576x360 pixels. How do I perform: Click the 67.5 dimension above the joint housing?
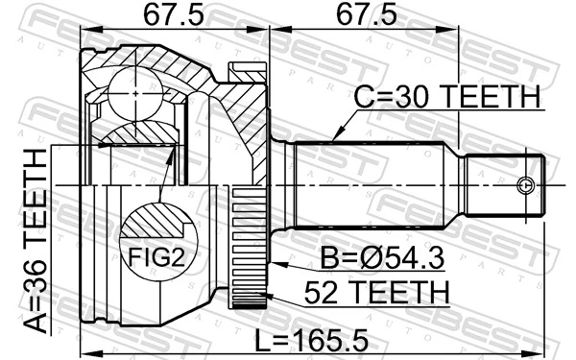(174, 18)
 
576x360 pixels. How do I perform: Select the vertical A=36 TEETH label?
(38, 240)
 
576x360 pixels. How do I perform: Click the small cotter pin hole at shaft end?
(524, 184)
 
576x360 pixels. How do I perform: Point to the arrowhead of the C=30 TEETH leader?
(334, 142)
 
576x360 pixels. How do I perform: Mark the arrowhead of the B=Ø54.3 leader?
(273, 263)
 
